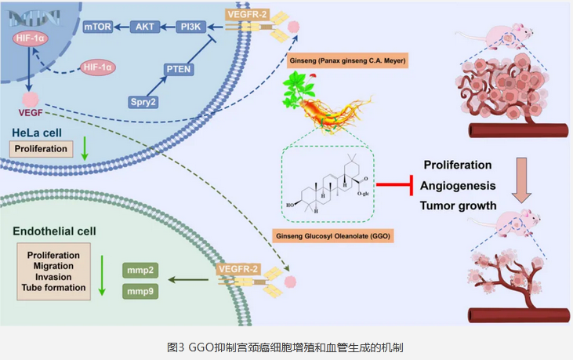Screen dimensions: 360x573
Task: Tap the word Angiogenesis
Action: point(459,185)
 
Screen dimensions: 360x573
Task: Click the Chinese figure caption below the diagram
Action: point(285,346)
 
